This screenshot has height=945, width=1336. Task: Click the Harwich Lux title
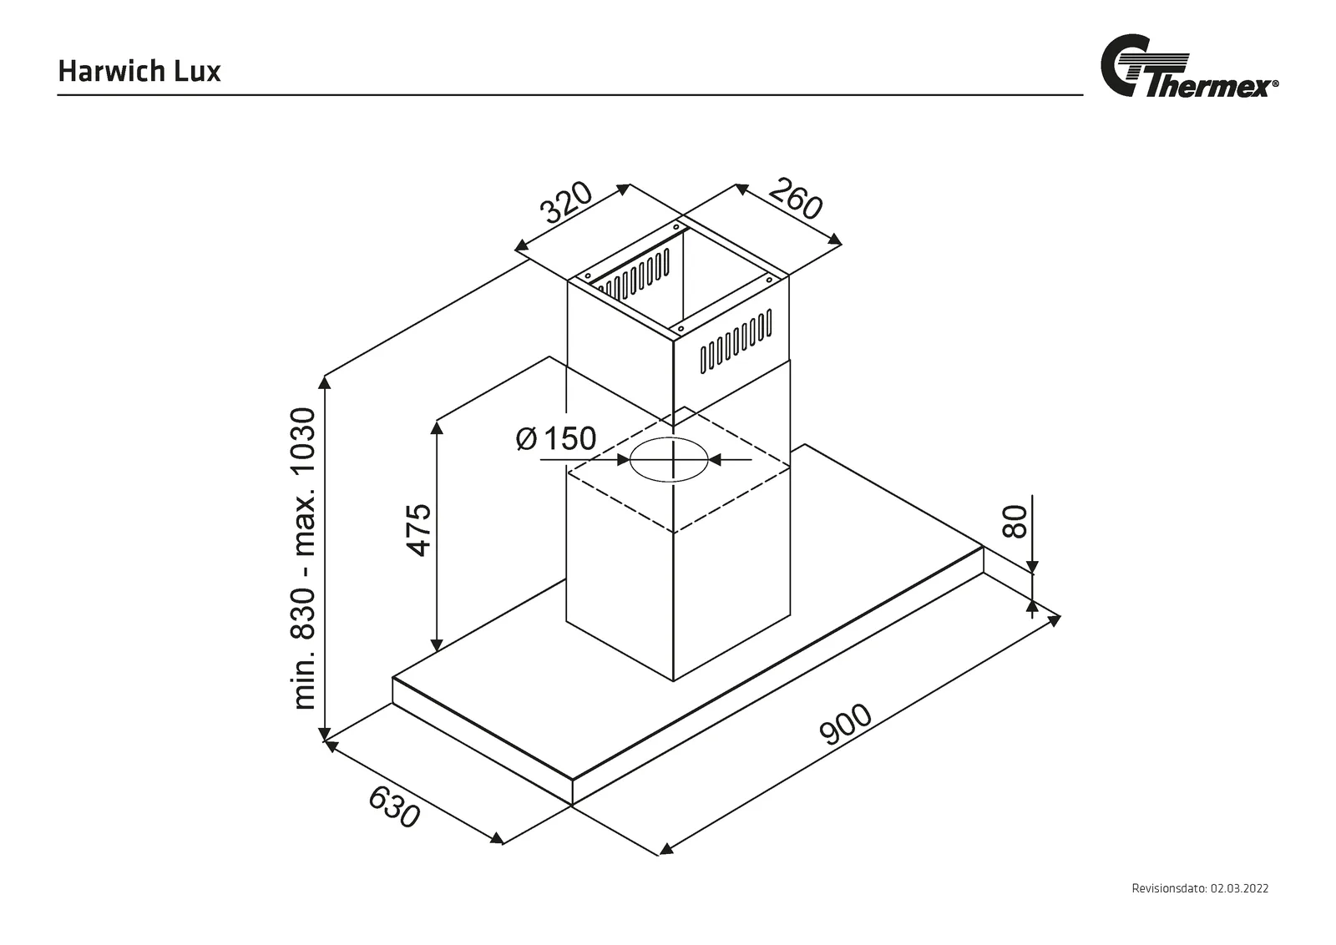[x=139, y=71]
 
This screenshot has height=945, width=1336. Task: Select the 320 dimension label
[x=566, y=202]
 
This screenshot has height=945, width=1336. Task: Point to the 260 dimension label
[x=796, y=199]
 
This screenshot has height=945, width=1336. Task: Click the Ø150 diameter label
[x=556, y=438]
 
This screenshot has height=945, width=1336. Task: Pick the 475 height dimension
[x=418, y=530]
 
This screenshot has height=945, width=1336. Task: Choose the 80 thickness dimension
[x=1015, y=521]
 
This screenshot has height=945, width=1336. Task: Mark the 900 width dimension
[x=846, y=725]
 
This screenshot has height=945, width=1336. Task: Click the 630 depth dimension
[x=394, y=807]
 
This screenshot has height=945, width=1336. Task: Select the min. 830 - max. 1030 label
[x=303, y=558]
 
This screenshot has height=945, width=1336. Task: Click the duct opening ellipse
[x=669, y=460]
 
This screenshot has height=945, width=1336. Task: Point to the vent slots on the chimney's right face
[x=736, y=341]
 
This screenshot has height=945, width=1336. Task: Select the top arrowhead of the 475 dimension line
[x=438, y=427]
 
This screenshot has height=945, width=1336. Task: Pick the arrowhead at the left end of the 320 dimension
[x=523, y=245]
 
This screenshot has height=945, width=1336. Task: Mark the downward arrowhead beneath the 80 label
[x=1032, y=566]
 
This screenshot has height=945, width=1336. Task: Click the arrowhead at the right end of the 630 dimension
[x=497, y=839]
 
